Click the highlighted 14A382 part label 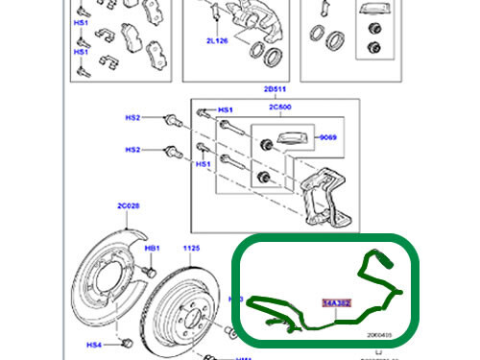tap(337, 301)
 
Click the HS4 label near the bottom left tap(93, 345)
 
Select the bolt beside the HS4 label tap(125, 343)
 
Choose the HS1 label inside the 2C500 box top tap(226, 109)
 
